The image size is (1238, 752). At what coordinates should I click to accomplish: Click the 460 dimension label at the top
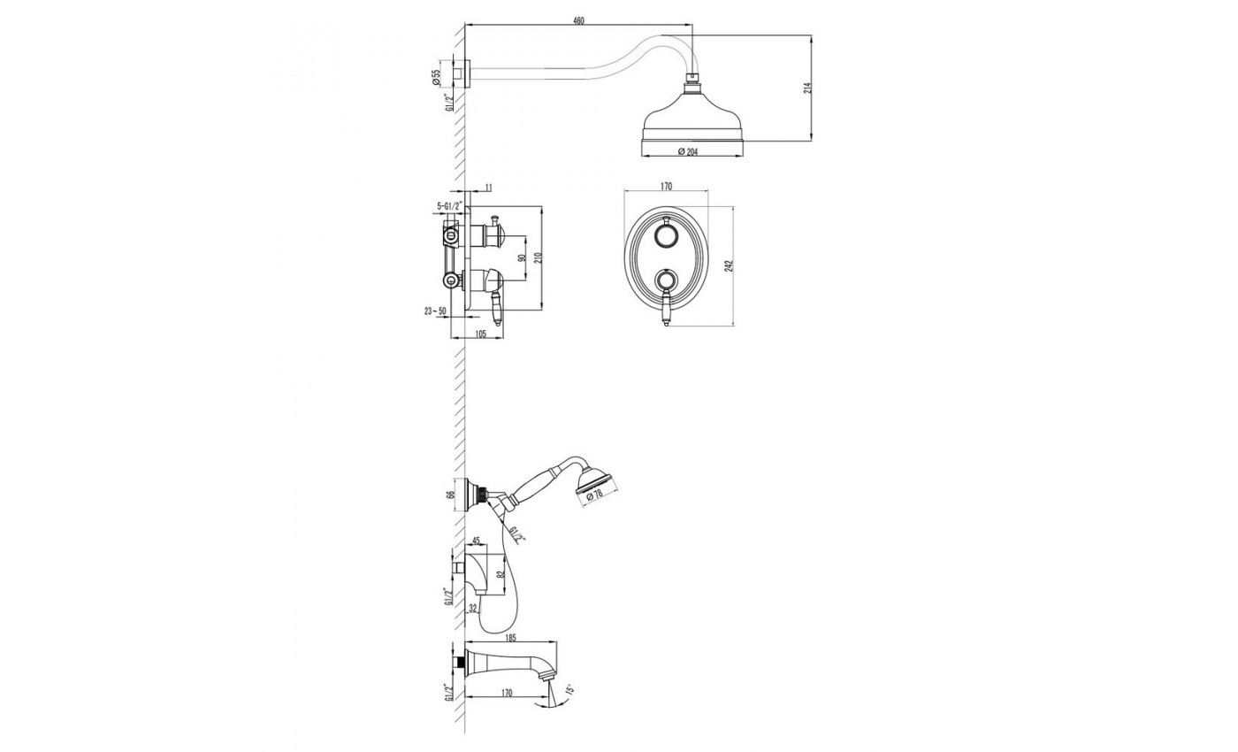click(x=578, y=20)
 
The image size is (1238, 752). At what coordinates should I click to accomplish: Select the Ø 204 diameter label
click(x=687, y=151)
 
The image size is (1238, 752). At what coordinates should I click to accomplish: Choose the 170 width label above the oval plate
click(x=666, y=187)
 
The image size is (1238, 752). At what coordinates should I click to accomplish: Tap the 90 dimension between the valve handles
click(x=520, y=259)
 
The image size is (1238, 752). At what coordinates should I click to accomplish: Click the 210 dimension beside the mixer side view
click(x=538, y=257)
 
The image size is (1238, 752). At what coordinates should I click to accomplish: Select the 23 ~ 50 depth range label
click(x=435, y=311)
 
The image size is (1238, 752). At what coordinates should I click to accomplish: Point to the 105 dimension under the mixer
click(x=479, y=333)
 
